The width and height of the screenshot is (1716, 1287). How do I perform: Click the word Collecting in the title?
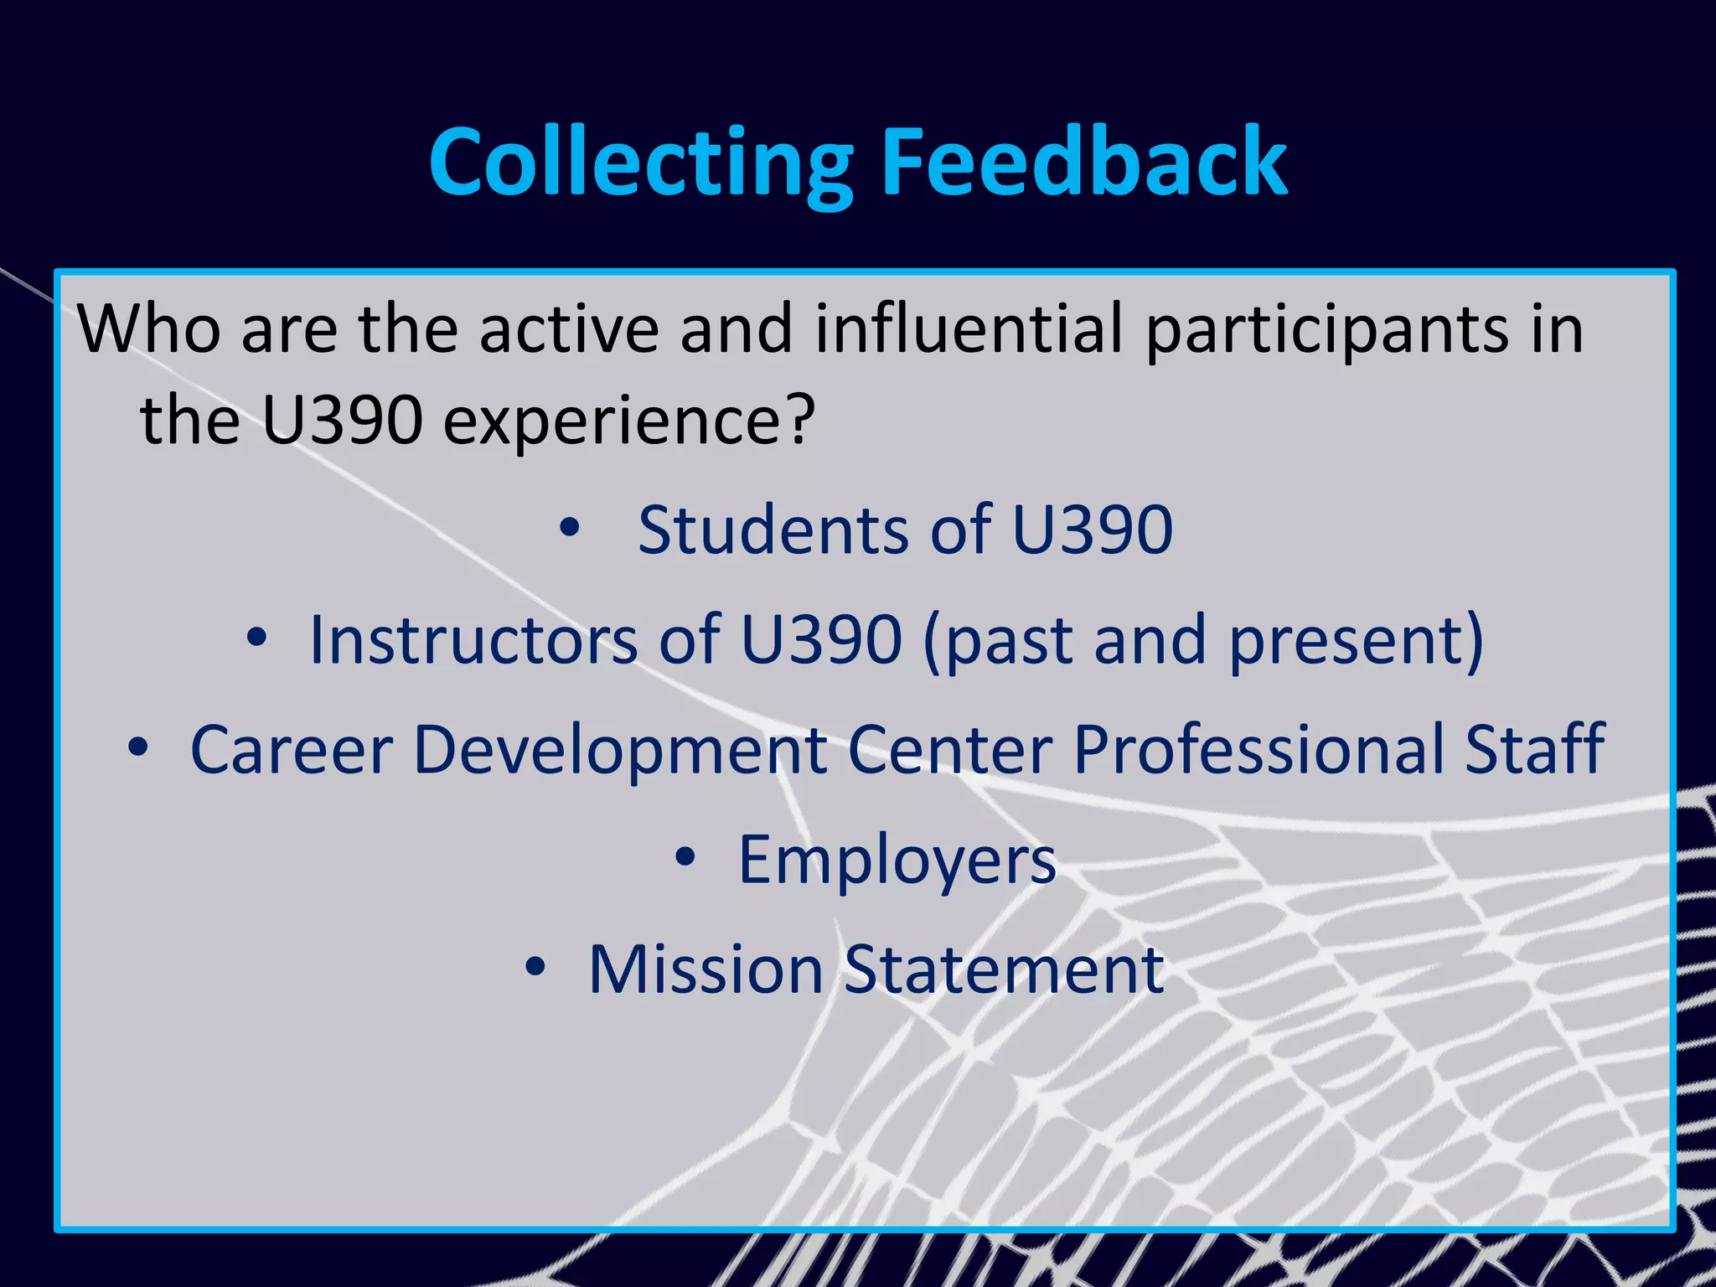coord(640,163)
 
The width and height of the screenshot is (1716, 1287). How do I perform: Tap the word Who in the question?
coord(149,328)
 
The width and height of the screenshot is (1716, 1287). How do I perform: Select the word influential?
coord(968,328)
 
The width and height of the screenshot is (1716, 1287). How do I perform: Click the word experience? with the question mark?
coord(628,421)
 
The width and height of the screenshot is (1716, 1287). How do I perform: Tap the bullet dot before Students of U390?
coord(570,528)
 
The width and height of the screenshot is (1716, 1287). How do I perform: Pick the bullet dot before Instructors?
coord(257,638)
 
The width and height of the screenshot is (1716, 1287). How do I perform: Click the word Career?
coord(292,749)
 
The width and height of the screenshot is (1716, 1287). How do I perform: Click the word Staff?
coord(1534,747)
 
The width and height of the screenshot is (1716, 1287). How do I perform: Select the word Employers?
coord(897,861)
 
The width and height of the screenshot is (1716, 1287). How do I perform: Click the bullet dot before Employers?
coord(685,857)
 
